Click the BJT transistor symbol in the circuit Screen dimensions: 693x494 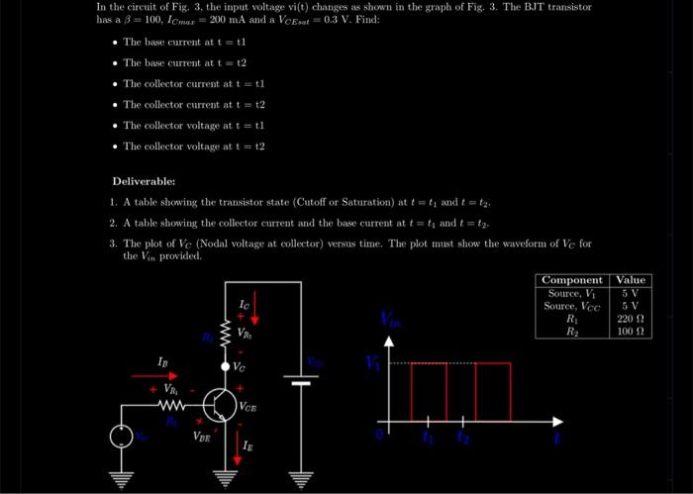[x=218, y=404]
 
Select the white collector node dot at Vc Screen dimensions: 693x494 [x=226, y=366]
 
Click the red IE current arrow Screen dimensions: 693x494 [x=239, y=447]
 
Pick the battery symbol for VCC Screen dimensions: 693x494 [x=298, y=380]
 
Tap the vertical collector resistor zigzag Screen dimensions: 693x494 [x=226, y=332]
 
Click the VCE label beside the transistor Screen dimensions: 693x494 [x=250, y=406]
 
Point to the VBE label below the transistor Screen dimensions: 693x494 [x=202, y=434]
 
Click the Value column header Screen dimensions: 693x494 [x=632, y=280]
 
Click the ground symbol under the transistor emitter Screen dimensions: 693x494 [x=227, y=480]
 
